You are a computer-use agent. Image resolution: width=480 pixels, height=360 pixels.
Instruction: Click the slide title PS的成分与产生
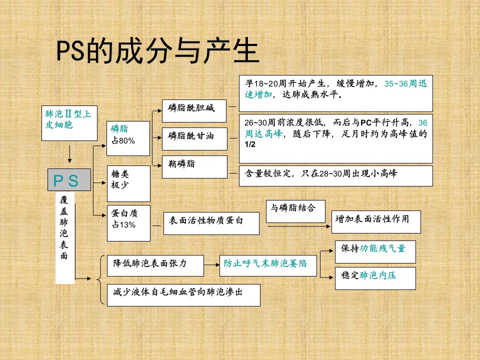coord(158,51)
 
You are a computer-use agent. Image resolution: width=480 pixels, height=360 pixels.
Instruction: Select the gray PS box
coord(69,179)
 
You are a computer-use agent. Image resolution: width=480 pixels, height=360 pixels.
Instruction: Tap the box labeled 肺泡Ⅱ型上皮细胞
coord(69,123)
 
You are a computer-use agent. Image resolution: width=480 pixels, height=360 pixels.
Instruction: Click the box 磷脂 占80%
coord(128,138)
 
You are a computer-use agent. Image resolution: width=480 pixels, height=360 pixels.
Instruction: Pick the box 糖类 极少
coord(128,183)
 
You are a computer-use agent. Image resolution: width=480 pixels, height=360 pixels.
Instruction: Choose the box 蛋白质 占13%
coord(128,223)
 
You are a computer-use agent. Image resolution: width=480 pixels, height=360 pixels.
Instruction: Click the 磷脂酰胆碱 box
coord(194,111)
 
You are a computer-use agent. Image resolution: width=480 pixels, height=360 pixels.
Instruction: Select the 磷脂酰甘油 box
coord(194,138)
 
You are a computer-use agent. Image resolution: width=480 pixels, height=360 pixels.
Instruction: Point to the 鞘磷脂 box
coord(194,167)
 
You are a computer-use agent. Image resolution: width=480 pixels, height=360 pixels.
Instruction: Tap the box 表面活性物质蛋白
coord(211,223)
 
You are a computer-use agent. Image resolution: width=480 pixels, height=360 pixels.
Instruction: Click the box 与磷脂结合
coord(295,211)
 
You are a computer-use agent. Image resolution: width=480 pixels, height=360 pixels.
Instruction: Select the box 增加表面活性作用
coord(376,222)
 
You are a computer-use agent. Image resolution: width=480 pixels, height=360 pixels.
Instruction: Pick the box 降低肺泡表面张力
coord(155,265)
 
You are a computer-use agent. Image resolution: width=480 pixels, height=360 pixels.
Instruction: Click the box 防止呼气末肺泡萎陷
coord(268,265)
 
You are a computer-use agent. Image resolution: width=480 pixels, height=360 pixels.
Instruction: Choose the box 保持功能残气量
coord(375,251)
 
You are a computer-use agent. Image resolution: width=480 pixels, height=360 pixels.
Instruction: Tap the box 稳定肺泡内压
coord(375,278)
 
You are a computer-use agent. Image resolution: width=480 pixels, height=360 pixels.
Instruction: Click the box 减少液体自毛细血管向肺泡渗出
coord(183,295)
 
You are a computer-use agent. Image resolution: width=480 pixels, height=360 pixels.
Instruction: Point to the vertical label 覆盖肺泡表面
coord(64,228)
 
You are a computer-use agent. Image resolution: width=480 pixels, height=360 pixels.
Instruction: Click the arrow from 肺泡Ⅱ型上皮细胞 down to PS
coord(70,154)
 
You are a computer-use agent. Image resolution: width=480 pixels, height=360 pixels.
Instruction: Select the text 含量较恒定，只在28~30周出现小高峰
coord(321,173)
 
